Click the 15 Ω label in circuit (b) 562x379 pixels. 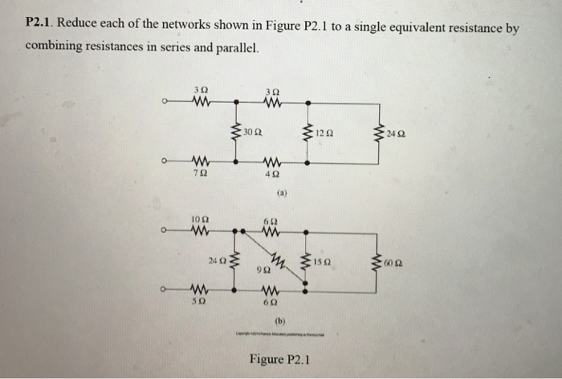pyautogui.click(x=324, y=261)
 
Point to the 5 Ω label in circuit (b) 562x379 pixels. pyautogui.click(x=198, y=304)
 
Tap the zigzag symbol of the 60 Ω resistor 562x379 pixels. pyautogui.click(x=377, y=261)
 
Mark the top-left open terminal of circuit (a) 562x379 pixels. pyautogui.click(x=164, y=102)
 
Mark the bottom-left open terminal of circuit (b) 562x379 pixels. pyautogui.click(x=164, y=290)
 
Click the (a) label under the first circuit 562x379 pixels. pyautogui.click(x=282, y=194)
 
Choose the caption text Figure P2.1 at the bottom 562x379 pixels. pyautogui.click(x=280, y=359)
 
